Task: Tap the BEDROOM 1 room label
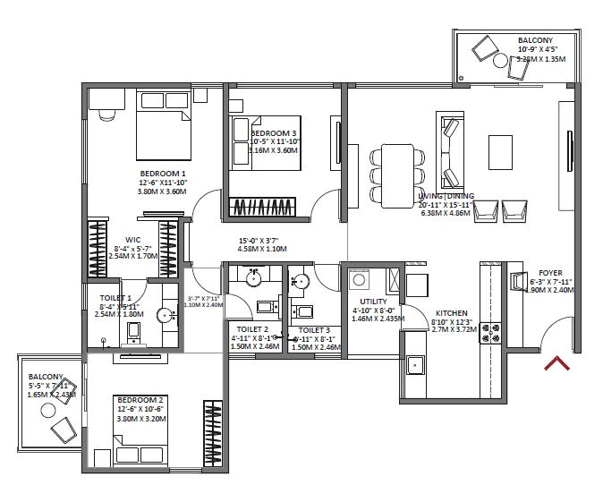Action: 163,174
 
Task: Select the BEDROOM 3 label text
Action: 261,132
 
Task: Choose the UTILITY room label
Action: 373,302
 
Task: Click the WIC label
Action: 133,239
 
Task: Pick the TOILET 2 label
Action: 243,329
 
